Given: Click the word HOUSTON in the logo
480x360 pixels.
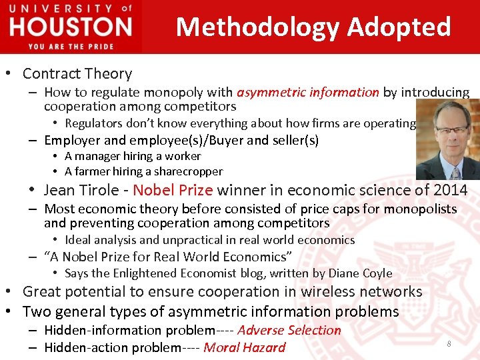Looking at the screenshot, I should (71, 27).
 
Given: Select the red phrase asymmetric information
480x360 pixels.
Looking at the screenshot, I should (308, 93).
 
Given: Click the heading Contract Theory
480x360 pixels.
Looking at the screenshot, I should (77, 74).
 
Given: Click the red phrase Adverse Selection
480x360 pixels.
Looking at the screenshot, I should (289, 331).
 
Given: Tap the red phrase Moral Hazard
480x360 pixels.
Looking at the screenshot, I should (244, 347).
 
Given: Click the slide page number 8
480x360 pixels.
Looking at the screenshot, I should (449, 343).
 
